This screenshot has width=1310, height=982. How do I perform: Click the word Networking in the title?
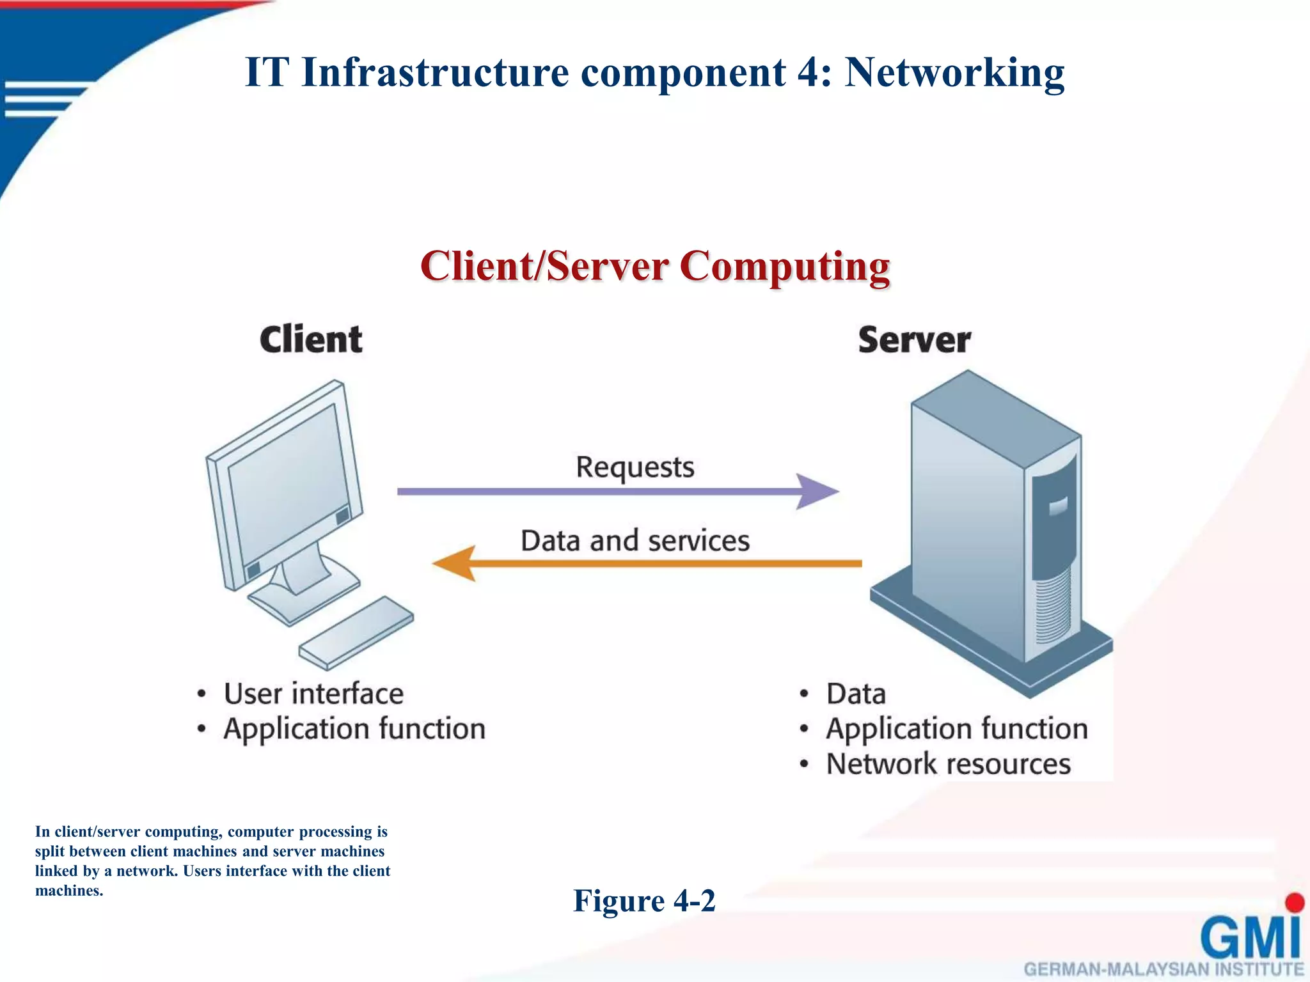tap(954, 73)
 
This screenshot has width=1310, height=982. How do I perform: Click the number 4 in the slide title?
tap(809, 73)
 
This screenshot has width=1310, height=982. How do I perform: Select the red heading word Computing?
tap(784, 266)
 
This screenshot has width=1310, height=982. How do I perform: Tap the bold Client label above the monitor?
tap(311, 339)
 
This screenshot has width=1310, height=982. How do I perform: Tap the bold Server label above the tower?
tap(914, 339)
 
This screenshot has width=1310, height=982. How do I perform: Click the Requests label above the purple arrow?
tap(635, 467)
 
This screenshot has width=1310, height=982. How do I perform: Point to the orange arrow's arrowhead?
tap(454, 563)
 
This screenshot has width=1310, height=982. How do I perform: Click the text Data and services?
tap(635, 541)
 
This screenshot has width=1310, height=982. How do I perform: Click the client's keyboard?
tap(356, 633)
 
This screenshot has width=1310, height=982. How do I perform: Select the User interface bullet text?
tap(313, 694)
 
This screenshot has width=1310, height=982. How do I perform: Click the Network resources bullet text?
tap(948, 764)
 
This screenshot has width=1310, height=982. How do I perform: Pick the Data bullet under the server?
tap(856, 694)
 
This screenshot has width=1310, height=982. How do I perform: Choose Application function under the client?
tap(354, 729)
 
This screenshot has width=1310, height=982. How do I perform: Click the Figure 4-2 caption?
tap(644, 901)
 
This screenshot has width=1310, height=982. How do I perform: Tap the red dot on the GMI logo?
tap(1295, 902)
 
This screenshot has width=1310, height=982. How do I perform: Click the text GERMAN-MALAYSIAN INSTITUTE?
tap(1164, 969)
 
